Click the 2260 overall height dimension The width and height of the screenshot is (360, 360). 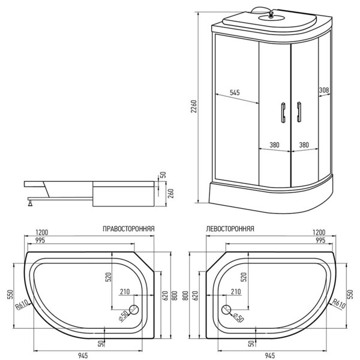tap(194, 106)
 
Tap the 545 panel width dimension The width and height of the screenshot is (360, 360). tap(235, 92)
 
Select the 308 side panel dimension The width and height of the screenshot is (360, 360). tap(324, 90)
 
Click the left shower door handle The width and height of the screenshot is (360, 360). tap(283, 113)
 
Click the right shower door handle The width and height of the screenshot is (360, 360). tap(299, 112)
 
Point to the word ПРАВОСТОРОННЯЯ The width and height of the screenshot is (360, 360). tap(128, 229)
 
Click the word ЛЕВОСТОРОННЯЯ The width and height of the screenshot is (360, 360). tap(230, 229)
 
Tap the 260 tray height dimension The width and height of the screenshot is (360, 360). tap(171, 193)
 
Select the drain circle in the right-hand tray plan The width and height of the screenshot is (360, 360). tap(134, 310)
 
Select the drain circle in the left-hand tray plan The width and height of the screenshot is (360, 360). tap(226, 310)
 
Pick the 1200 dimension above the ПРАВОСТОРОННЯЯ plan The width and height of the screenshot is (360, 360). tap(42, 232)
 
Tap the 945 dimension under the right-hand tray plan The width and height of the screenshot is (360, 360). tap(83, 356)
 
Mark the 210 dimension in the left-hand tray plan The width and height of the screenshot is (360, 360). tap(236, 292)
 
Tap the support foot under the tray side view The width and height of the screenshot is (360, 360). tap(31, 203)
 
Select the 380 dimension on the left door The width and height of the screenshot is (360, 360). tap(274, 145)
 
